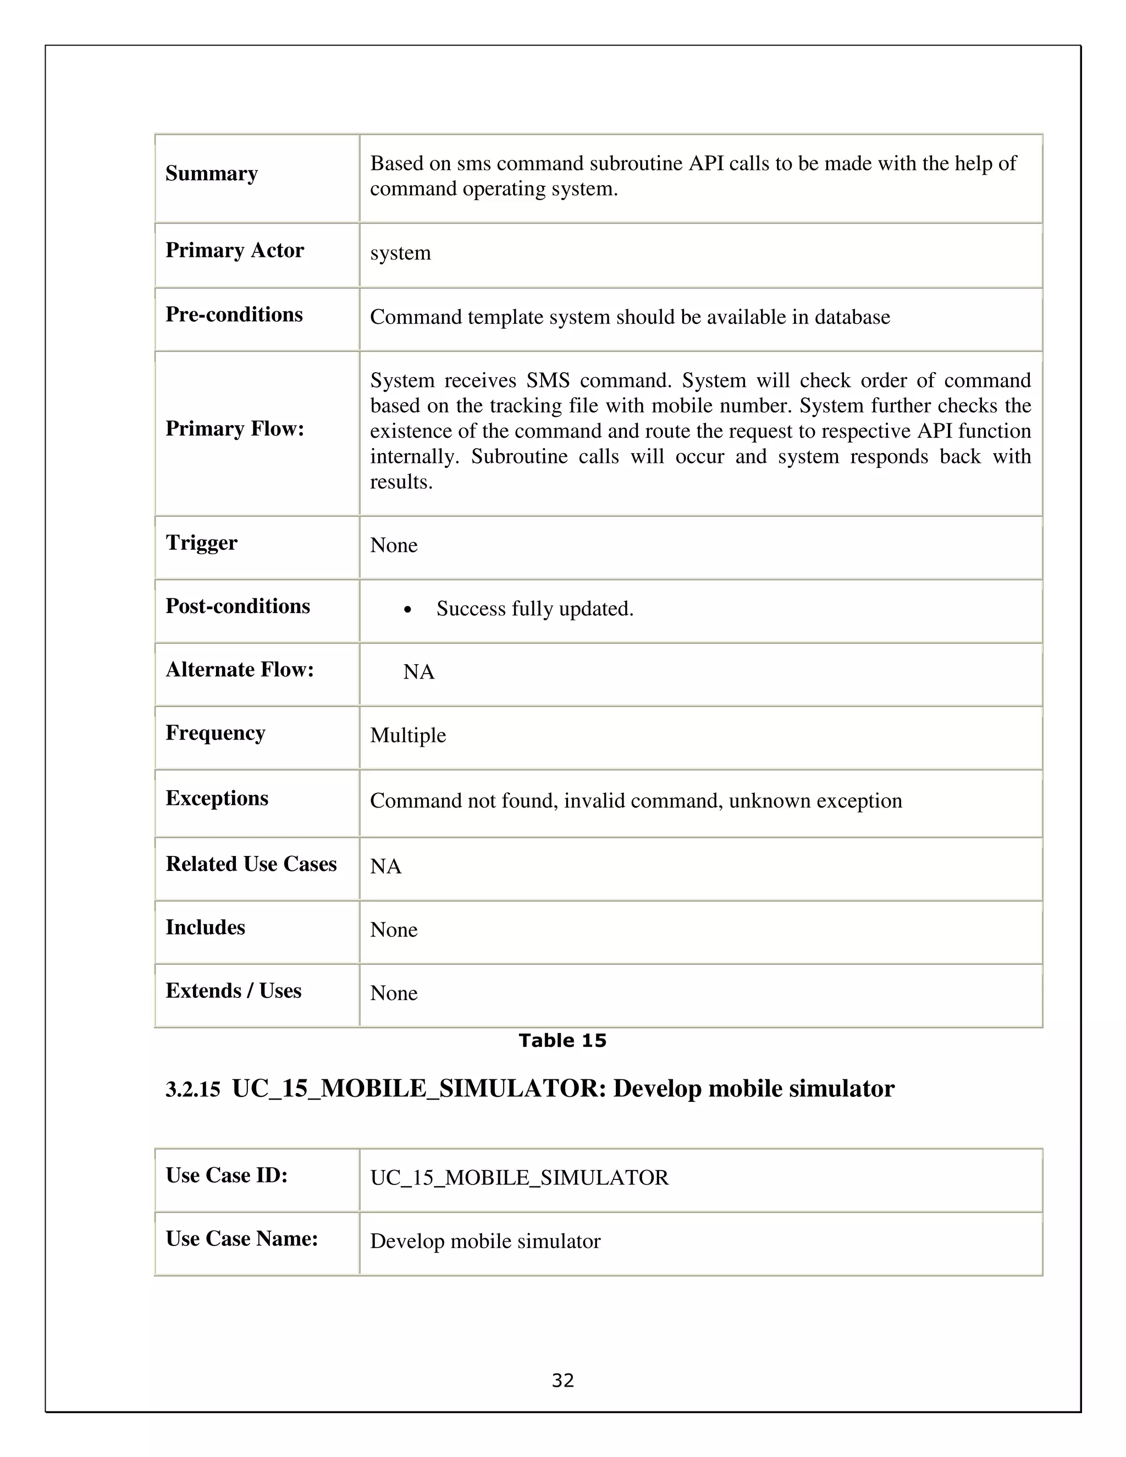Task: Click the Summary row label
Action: [x=212, y=173]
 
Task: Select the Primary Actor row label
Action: [x=234, y=250]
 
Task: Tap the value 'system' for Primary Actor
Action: [x=400, y=253]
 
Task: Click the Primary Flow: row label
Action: [x=234, y=428]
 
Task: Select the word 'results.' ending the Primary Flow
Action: [x=401, y=482]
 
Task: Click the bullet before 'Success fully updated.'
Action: [x=407, y=610]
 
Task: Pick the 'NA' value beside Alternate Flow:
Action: [x=418, y=672]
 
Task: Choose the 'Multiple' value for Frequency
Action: [x=407, y=735]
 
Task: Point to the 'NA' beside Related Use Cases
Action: [x=385, y=866]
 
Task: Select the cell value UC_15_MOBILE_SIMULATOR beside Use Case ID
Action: [x=519, y=1178]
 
